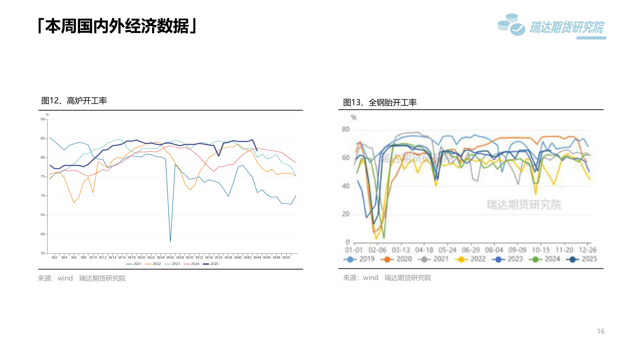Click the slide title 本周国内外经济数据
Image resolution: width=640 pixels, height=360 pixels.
117,26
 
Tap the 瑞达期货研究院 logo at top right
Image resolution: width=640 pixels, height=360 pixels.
551,26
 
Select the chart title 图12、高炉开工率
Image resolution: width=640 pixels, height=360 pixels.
74,101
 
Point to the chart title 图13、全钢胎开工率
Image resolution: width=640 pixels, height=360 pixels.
380,102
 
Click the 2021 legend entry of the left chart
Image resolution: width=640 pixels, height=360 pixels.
134,264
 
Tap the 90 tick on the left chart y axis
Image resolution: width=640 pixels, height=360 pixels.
43,119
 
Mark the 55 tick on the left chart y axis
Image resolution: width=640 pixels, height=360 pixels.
43,253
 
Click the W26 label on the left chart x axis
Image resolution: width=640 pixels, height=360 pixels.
170,257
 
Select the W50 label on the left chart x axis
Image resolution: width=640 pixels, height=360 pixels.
286,257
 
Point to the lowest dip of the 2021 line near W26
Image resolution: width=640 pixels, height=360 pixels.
170,241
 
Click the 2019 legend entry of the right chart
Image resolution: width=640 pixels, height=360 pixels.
359,259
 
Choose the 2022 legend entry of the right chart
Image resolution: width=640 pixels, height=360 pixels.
470,259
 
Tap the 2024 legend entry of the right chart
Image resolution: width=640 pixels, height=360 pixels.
545,259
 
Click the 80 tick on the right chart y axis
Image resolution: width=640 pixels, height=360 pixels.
346,129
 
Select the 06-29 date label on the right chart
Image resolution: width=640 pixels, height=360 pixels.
471,250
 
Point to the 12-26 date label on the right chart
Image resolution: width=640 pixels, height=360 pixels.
587,250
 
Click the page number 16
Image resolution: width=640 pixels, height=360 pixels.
601,331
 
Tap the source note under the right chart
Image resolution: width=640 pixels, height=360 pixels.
387,278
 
